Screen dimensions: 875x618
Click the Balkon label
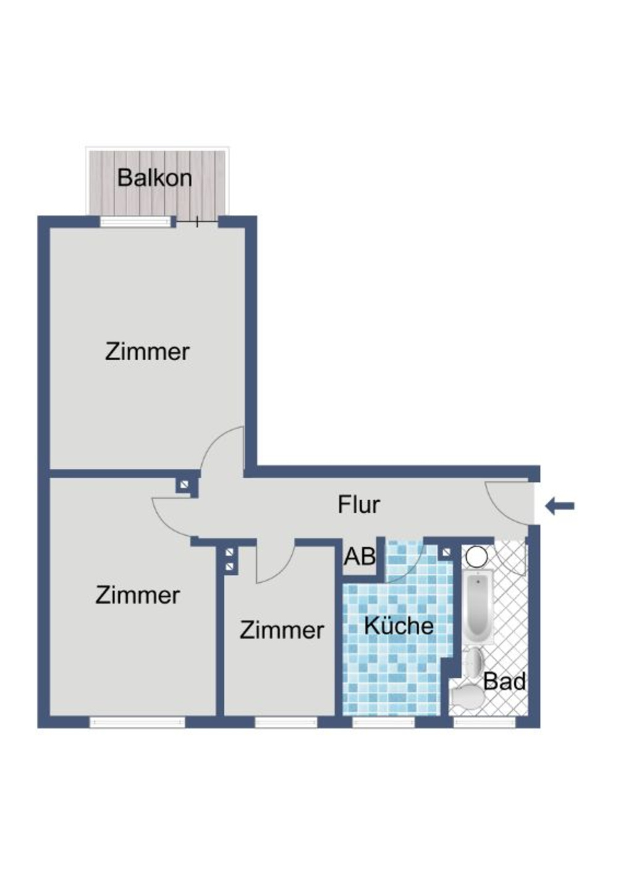point(154,178)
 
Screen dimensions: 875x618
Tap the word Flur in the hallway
point(358,504)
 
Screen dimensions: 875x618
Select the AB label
point(360,557)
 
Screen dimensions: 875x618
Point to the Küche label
point(399,625)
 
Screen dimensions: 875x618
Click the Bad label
point(504,682)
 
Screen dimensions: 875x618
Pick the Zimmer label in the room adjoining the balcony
point(147,352)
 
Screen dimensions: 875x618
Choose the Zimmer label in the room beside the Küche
point(281,630)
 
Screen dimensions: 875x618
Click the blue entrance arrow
point(560,507)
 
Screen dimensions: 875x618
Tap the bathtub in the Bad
point(478,607)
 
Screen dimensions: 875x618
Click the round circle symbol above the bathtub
point(476,556)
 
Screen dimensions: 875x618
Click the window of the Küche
point(383,722)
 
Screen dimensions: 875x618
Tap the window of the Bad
point(485,722)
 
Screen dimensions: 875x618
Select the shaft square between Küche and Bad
point(446,551)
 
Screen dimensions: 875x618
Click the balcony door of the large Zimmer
point(197,221)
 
